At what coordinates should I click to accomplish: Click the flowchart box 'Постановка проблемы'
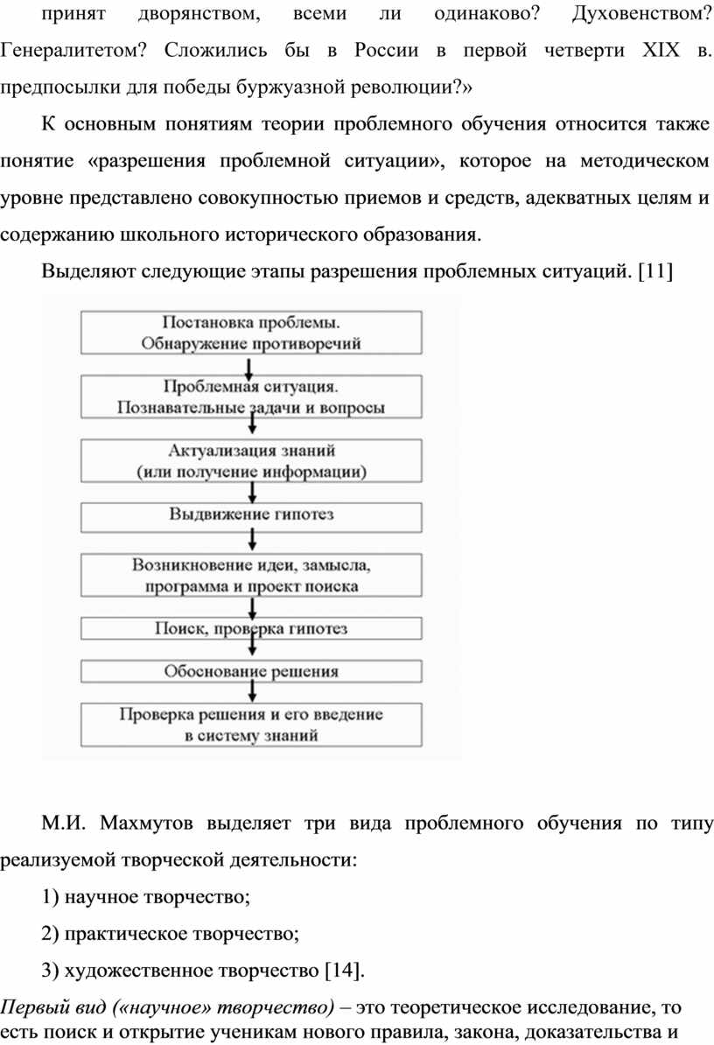pyautogui.click(x=251, y=333)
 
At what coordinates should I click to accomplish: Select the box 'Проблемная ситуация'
pyautogui.click(x=251, y=396)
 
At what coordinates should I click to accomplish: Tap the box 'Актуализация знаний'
pyautogui.click(x=251, y=460)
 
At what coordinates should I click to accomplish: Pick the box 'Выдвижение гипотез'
pyautogui.click(x=251, y=517)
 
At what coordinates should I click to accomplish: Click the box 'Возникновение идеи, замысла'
pyautogui.click(x=251, y=575)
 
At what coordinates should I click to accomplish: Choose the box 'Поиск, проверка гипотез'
pyautogui.click(x=251, y=628)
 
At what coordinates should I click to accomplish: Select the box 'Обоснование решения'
pyautogui.click(x=251, y=671)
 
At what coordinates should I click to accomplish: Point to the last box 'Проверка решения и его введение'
pyautogui.click(x=251, y=725)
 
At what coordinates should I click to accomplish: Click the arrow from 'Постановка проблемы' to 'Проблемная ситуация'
pyautogui.click(x=248, y=368)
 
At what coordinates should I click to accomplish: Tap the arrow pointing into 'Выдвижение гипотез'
pyautogui.click(x=252, y=493)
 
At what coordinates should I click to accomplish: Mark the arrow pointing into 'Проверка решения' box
pyautogui.click(x=252, y=691)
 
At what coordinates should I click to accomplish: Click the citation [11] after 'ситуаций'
pyautogui.click(x=655, y=271)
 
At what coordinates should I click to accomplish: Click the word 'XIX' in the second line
pyautogui.click(x=661, y=50)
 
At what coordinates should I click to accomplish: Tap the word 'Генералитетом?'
pyautogui.click(x=73, y=51)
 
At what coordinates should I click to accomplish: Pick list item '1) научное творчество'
pyautogui.click(x=146, y=897)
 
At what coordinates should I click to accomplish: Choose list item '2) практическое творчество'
pyautogui.click(x=170, y=934)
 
